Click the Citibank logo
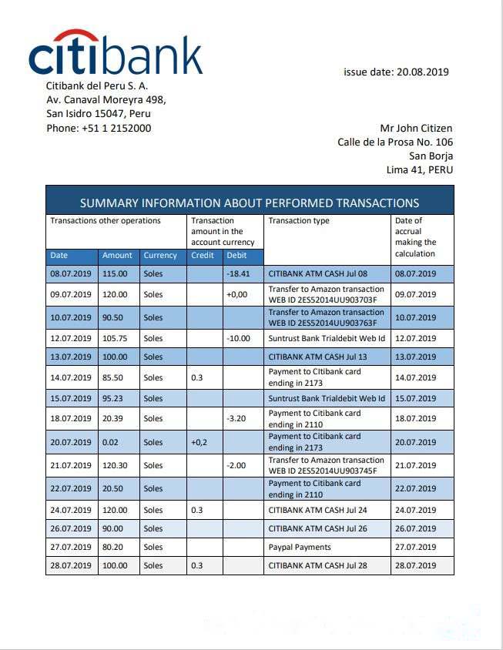[116, 53]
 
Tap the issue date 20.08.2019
[396, 72]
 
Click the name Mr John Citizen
[416, 128]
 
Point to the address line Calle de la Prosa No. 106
[395, 142]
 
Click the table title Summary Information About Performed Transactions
[250, 203]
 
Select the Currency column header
[160, 255]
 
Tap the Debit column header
[236, 255]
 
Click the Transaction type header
[299, 221]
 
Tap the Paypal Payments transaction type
[300, 547]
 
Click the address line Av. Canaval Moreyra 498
[106, 100]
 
